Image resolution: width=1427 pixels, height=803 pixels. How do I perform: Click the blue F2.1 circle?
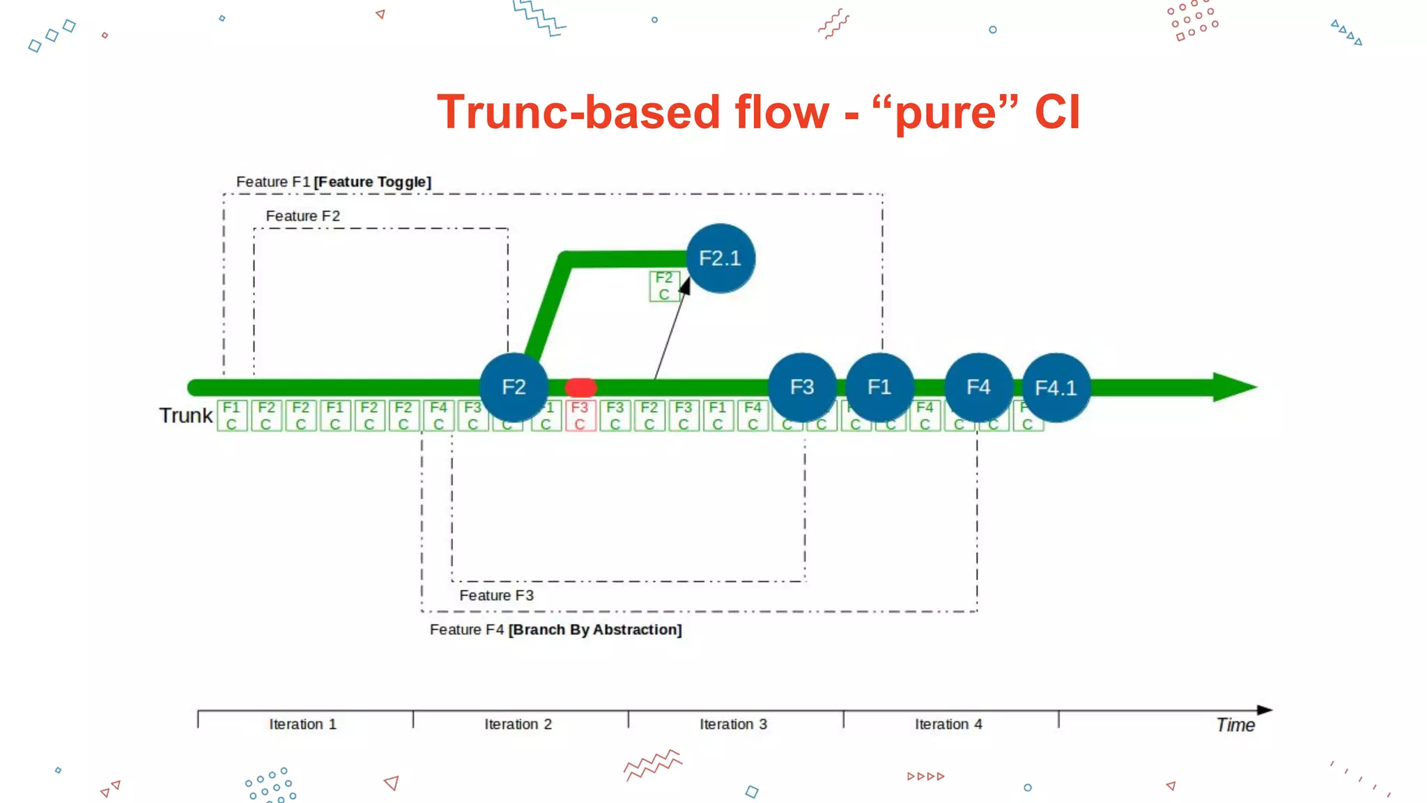[720, 259]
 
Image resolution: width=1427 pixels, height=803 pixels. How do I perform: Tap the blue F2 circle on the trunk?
[514, 387]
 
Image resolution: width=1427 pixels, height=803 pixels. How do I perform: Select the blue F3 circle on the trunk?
[802, 387]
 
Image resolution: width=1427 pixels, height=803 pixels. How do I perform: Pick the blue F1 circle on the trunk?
[879, 387]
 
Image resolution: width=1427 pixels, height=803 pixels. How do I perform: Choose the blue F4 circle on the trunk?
[978, 387]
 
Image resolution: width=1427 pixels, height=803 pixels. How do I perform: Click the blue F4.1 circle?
[1056, 388]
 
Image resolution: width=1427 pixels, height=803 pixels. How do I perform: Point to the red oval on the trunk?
[580, 388]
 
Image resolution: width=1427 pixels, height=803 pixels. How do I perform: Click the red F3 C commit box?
[580, 416]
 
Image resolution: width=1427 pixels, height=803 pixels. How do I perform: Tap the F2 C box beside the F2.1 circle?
[664, 286]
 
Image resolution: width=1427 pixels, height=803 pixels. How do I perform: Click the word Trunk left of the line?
[185, 415]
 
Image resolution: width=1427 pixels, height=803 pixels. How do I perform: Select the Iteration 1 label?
[303, 724]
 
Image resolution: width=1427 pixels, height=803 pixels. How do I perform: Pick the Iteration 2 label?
[518, 724]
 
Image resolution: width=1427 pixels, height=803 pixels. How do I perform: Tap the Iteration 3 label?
[734, 724]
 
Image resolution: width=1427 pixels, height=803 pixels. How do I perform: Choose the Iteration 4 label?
[949, 724]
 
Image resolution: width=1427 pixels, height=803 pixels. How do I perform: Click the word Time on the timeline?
[1235, 725]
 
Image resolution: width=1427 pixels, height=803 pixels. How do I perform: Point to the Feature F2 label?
[303, 216]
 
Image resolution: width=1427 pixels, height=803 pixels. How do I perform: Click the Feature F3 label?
[496, 595]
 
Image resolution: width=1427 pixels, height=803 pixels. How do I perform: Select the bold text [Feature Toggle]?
[373, 182]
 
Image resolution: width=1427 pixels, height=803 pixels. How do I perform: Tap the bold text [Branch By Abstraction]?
[595, 629]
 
